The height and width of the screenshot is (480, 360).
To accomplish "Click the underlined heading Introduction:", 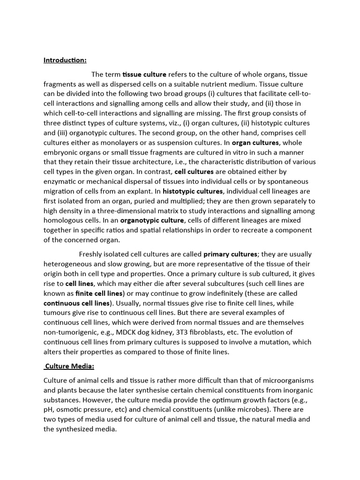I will point(65,60).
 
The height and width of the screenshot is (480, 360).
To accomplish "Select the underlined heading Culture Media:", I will point(69,366).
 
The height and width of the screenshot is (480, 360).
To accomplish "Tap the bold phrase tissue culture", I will point(144,75).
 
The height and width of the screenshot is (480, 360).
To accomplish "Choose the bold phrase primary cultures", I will point(230,255).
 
